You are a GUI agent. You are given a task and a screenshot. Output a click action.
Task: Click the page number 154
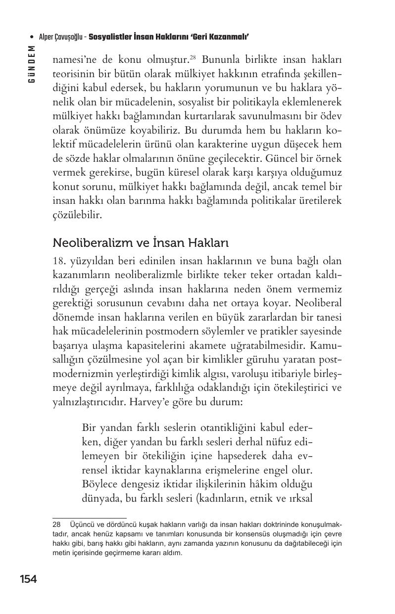[28, 579]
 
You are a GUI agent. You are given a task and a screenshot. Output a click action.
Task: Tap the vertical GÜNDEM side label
[32, 64]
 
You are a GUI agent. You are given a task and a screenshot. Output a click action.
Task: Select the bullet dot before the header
[32, 37]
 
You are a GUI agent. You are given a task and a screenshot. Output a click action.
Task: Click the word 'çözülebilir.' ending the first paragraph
[77, 216]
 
